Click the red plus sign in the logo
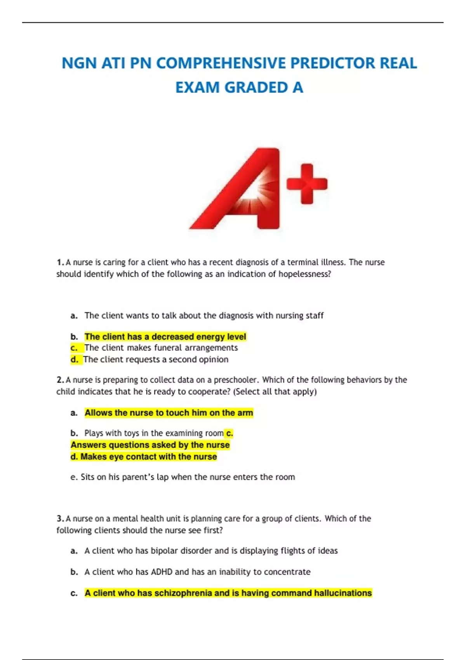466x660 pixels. tap(307, 184)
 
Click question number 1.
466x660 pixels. tap(60, 262)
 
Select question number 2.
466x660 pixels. tap(60, 380)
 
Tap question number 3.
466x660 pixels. tap(60, 519)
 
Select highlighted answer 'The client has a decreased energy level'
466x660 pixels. tap(165, 337)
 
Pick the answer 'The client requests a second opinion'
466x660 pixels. tap(156, 360)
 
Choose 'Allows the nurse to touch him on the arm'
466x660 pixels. tap(169, 413)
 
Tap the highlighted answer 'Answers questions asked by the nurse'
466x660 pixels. tap(150, 445)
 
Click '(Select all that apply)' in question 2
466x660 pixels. tap(275, 392)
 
